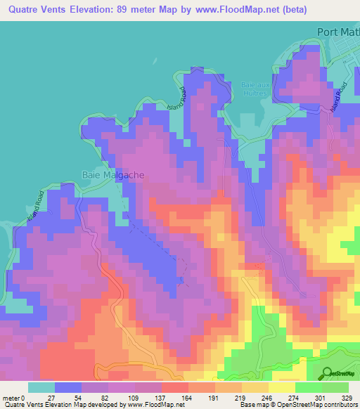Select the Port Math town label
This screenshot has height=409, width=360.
[x=338, y=32]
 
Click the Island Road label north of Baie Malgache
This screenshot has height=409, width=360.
[x=179, y=99]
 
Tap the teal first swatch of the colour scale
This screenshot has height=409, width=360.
[x=41, y=387]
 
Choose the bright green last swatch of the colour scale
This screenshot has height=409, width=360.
[x=335, y=387]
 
